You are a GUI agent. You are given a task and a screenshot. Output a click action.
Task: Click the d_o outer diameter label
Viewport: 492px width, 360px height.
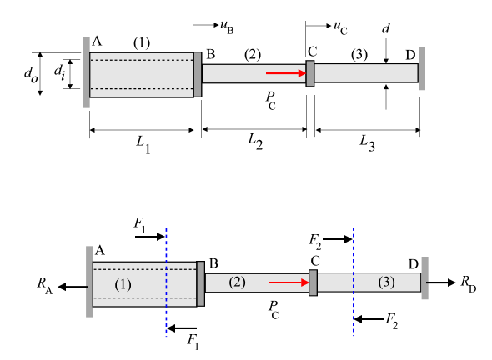31,75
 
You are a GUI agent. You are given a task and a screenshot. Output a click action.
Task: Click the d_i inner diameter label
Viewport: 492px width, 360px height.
59,72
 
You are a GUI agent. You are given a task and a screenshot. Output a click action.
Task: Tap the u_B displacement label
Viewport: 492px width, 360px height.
227,27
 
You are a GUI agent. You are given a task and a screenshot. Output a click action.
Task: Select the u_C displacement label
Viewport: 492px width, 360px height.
340,27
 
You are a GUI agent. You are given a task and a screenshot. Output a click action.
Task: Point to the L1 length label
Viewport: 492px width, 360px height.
143,144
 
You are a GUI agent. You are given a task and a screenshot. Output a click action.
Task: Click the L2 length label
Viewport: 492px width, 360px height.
255,142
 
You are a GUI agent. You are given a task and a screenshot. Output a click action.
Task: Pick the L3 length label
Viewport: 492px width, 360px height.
367,143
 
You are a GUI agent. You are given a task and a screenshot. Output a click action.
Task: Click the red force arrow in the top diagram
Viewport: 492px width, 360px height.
286,73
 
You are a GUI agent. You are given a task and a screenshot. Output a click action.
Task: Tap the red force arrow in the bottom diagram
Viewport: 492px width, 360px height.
289,282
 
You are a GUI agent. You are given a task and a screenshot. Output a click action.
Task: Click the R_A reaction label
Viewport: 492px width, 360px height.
45,285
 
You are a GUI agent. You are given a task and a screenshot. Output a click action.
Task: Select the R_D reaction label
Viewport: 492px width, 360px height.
469,284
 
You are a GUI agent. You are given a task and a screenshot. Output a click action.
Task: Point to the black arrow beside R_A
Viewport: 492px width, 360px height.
73,287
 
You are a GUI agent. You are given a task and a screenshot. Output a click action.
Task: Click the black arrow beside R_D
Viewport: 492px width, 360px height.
440,282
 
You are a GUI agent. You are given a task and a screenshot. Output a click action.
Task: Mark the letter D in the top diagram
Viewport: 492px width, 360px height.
410,55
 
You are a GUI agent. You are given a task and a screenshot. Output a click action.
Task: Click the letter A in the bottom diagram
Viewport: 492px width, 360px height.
100,251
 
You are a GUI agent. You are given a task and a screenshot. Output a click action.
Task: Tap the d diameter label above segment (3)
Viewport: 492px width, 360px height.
385,28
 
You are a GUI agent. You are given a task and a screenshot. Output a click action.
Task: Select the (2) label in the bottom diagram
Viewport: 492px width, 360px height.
237,282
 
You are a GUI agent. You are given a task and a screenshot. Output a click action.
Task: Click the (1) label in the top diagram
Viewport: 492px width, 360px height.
142,42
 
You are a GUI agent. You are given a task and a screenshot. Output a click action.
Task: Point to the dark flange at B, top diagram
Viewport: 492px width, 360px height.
198,75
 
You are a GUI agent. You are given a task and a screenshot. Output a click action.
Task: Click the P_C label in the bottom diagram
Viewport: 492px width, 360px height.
274,310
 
